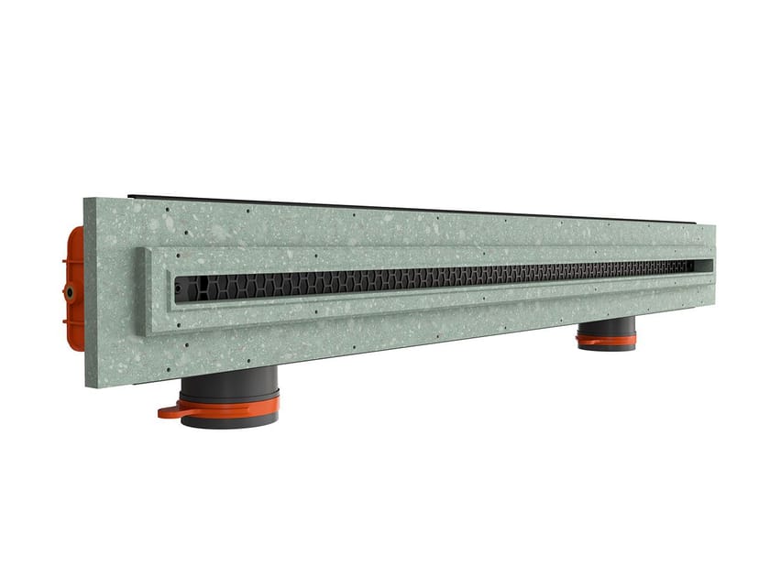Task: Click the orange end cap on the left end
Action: [74, 288]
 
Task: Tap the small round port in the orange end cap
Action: [69, 292]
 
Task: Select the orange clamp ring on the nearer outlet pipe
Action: [229, 404]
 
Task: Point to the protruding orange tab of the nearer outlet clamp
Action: [170, 412]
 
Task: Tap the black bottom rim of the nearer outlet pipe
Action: [229, 420]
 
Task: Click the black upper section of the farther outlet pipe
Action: [606, 326]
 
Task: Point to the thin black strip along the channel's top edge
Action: [412, 208]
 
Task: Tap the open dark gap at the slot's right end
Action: [702, 266]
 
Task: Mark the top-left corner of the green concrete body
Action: [85, 199]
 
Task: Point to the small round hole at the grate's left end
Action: [178, 290]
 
